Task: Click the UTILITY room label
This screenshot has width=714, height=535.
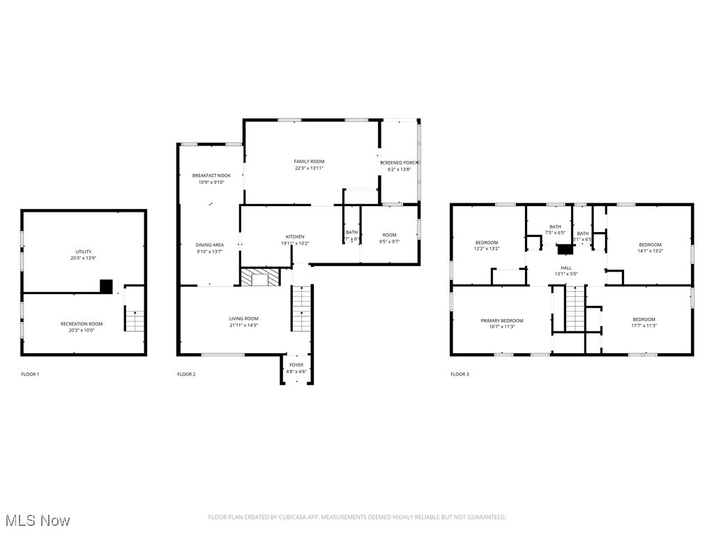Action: pos(84,251)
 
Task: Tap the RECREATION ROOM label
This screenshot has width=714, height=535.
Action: pos(82,324)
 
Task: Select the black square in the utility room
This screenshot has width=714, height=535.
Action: pos(106,286)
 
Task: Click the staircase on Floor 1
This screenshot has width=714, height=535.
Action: pos(134,320)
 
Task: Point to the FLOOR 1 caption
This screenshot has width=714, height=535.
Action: pos(30,375)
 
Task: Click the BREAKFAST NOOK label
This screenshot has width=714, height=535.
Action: pos(211,176)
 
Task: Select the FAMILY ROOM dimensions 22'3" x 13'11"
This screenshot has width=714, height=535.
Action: pos(309,168)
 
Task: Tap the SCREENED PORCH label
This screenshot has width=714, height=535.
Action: pos(400,162)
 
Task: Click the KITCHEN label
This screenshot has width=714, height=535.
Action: pos(295,237)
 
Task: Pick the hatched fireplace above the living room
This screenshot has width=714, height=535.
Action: pos(259,277)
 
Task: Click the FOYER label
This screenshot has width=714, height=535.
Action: pos(296,365)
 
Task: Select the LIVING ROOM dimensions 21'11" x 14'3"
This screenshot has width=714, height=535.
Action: pos(244,325)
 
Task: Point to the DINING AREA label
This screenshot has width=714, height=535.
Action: pos(209,245)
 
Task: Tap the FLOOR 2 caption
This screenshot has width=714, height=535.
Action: pos(186,375)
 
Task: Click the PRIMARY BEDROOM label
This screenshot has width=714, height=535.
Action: pos(502,320)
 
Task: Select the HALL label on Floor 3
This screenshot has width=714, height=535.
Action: pos(566,267)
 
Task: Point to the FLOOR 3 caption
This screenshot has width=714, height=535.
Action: pos(459,375)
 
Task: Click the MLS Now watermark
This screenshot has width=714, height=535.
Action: pos(37,520)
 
